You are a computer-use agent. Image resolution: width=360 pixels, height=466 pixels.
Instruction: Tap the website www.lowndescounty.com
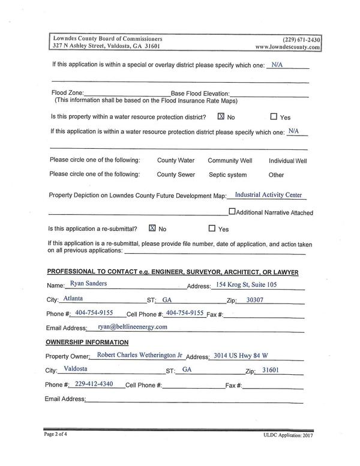click(x=287, y=46)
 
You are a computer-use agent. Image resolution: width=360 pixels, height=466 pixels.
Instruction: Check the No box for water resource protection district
click(x=221, y=117)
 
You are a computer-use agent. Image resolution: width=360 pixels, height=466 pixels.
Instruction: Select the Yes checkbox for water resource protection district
click(x=274, y=117)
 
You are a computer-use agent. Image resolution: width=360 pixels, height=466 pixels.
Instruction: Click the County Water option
click(x=176, y=161)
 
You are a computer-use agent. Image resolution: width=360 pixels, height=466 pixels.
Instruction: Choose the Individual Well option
click(x=287, y=161)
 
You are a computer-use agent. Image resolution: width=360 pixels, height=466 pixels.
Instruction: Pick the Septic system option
click(x=227, y=175)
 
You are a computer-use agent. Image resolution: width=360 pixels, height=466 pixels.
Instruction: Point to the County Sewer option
click(x=176, y=175)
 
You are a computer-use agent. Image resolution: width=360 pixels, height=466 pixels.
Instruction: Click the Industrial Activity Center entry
click(x=269, y=195)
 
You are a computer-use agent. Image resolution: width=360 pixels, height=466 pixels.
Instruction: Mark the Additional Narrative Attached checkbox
click(x=232, y=212)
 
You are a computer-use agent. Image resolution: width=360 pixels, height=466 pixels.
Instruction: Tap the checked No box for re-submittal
click(x=152, y=228)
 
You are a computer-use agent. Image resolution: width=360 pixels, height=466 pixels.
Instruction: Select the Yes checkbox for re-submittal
click(x=211, y=229)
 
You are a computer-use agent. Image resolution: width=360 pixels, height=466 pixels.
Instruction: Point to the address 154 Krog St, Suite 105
click(x=248, y=284)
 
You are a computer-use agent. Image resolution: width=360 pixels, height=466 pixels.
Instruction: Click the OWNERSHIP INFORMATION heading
click(x=87, y=342)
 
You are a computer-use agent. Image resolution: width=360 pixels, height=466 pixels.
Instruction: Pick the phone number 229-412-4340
click(x=94, y=383)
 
